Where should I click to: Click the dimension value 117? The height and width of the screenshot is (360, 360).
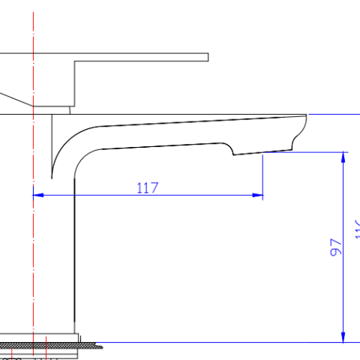point(148,187)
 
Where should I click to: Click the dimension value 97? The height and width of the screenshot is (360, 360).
point(336,247)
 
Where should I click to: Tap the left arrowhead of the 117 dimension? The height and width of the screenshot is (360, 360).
point(37,195)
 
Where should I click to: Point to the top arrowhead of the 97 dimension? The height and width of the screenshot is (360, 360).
point(344,157)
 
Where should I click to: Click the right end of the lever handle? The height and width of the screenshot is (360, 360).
point(206,57)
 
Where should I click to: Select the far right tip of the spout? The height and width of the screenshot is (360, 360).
point(307,115)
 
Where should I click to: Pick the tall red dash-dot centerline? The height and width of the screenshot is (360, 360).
point(34,225)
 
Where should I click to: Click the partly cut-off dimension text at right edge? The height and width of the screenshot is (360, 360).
point(357,229)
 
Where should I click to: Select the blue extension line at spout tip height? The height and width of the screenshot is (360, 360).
point(334,115)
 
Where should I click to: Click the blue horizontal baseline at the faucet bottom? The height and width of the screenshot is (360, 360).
point(225,342)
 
